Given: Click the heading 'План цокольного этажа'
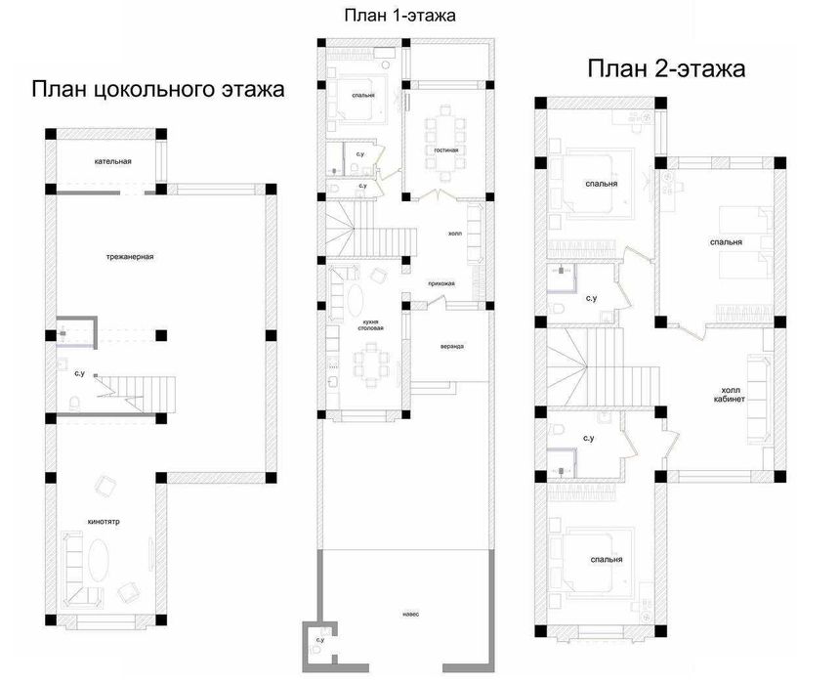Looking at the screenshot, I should point(157,90).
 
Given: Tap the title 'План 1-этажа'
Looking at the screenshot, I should point(400,16).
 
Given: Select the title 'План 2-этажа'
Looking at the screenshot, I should point(666,68).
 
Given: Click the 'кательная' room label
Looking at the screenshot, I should point(113,161).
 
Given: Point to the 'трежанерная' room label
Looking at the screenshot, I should point(131,257).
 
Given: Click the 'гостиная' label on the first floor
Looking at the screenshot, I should point(446,150).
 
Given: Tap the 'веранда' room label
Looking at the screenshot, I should point(451,346).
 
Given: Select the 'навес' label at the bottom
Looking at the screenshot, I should point(410,615).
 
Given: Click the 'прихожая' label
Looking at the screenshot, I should point(441,283).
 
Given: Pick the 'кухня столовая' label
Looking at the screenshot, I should point(370,324).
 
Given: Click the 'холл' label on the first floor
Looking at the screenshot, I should point(454,234).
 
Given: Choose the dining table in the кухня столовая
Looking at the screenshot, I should point(371,367).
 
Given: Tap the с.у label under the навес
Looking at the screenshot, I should point(319,640).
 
